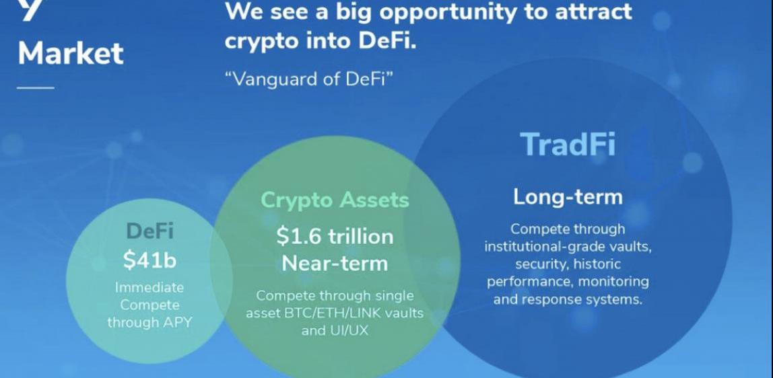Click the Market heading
coord(71,53)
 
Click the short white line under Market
coord(36,88)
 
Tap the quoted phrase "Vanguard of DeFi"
coord(308,79)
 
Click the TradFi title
coord(568,144)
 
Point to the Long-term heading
coord(568,197)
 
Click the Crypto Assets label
coord(335,200)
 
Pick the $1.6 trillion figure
coord(335,236)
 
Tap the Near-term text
coord(335,263)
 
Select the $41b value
coord(149,260)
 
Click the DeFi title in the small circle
coord(150,231)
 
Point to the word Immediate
coord(149,287)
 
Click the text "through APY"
coord(150,322)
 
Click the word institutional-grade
coord(542,247)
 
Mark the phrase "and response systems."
coord(568,299)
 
